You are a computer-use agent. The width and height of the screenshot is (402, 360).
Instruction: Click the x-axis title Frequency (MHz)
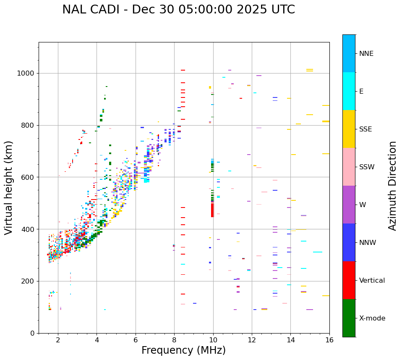(183, 350)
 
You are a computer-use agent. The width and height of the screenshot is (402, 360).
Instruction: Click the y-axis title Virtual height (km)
(9, 187)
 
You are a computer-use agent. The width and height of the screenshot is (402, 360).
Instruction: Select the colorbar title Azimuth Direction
(392, 186)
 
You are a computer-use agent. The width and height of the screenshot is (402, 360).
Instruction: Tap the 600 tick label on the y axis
(27, 177)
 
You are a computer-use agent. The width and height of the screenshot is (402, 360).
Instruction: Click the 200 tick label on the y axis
(27, 281)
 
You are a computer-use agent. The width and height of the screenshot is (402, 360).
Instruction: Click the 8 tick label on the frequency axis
(174, 340)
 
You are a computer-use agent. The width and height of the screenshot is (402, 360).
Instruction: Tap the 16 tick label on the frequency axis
(329, 340)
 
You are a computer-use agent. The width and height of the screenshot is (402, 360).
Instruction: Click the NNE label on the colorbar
(366, 54)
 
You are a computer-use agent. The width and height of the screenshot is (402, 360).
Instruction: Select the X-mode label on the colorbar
(372, 318)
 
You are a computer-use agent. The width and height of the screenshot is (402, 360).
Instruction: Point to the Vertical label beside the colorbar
(372, 281)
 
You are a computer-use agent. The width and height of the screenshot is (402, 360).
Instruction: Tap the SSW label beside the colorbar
(367, 167)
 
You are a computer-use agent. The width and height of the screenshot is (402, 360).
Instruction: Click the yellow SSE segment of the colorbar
(349, 129)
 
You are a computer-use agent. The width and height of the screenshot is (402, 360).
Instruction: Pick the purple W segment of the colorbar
(349, 205)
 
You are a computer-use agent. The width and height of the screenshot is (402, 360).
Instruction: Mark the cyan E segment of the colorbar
(349, 91)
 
